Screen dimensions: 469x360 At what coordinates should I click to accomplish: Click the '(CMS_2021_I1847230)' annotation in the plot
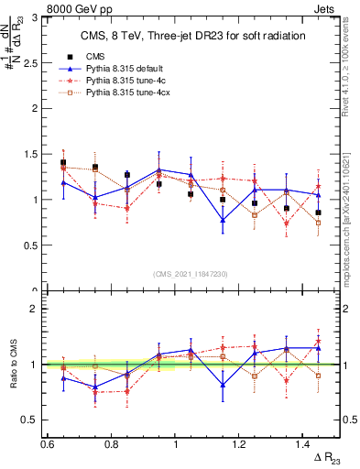tap(191, 274)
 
